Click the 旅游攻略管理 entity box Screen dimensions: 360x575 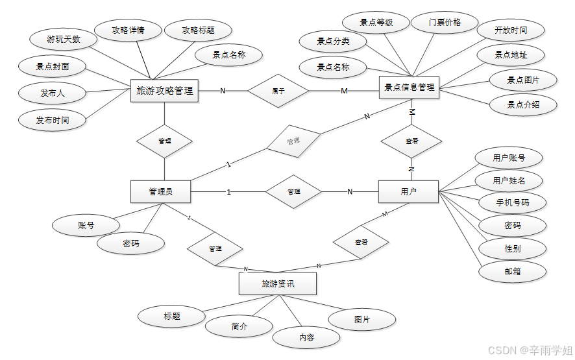165,91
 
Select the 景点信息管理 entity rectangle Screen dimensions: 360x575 409,87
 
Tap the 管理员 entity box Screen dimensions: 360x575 160,191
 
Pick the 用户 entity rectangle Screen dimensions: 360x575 408,191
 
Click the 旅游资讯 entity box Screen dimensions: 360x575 277,283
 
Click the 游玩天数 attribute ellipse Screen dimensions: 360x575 64,40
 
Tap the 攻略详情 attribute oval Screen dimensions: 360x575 128,30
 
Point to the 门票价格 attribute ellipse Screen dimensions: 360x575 445,22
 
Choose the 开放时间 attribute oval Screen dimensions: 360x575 511,30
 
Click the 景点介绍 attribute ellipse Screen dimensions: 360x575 522,104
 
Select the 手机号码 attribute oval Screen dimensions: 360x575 512,202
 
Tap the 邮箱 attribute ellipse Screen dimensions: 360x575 512,271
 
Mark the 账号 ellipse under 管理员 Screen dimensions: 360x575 86,225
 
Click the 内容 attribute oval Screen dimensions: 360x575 306,337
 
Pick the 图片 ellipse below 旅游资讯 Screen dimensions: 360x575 362,319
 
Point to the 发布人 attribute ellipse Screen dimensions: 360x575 53,93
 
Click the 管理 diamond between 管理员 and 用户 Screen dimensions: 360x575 293,191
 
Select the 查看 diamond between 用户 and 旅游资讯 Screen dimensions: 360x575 361,242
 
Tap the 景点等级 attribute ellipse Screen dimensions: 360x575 376,23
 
